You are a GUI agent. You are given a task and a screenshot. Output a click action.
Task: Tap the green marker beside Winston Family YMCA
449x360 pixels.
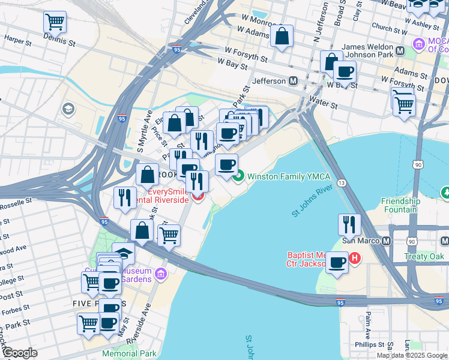coord(238,176)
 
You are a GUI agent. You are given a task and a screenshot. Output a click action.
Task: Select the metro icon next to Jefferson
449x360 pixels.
coord(294,80)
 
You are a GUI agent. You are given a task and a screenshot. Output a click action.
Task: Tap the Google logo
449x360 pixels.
coord(20,353)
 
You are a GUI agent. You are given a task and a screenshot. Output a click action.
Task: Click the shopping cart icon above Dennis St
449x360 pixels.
coord(55,22)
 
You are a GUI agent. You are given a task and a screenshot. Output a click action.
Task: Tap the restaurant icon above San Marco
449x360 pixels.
coord(349,224)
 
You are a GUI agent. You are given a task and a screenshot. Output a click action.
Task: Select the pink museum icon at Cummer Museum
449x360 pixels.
coord(160,274)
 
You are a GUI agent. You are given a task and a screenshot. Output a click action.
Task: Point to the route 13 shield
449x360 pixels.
coord(341,182)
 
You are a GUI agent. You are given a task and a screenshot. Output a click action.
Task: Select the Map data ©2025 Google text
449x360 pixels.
coord(412,355)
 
